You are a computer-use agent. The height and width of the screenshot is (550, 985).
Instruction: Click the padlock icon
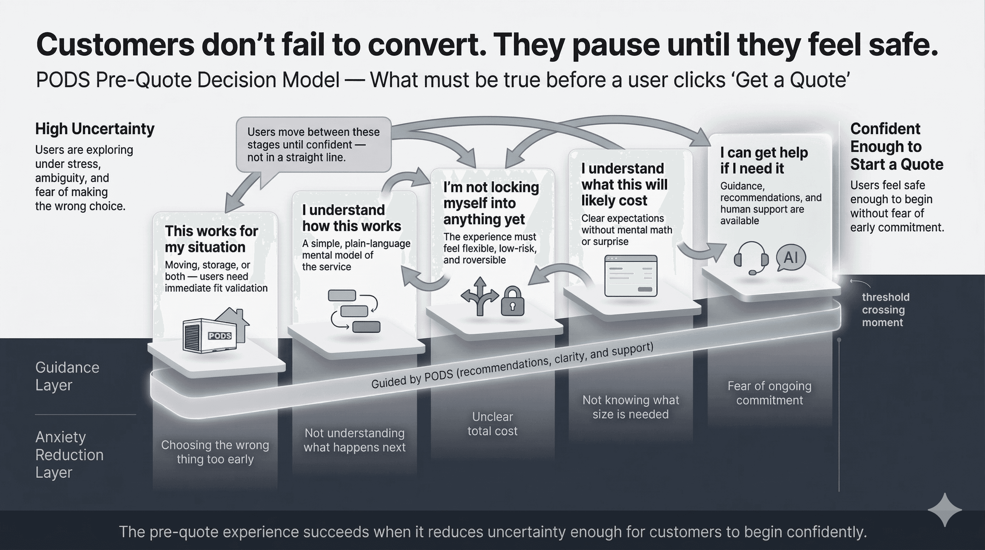513,302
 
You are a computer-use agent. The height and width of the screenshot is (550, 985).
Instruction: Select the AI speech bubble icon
791,257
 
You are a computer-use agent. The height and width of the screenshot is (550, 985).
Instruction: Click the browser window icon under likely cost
631,276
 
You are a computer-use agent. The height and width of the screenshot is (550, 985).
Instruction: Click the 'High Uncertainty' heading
95,129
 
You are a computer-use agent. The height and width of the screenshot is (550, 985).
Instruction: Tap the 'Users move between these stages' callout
314,145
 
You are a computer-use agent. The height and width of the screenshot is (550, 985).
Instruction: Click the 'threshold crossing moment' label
885,310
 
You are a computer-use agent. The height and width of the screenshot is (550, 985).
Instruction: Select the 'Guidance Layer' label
67,376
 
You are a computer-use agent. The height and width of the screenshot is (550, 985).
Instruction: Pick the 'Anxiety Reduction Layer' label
69,455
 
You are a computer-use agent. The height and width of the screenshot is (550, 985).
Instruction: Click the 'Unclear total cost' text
492,424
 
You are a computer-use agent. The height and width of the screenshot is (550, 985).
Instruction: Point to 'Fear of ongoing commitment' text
769,393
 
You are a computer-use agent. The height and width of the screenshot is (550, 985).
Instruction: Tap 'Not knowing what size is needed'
631,407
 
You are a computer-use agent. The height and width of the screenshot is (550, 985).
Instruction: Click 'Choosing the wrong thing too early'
215,452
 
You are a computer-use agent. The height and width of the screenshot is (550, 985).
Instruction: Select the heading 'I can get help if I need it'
764,160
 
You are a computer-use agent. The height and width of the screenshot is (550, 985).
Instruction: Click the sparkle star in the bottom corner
945,510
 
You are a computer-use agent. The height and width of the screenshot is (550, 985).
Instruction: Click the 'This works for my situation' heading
211,239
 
